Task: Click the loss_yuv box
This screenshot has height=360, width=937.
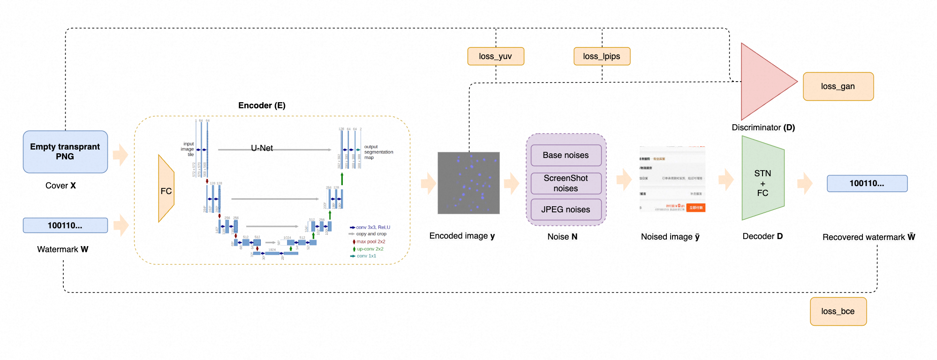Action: coord(495,56)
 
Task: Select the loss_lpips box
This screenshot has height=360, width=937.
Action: coord(602,56)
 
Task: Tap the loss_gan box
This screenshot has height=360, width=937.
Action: coord(838,86)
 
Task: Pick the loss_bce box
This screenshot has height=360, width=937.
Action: coord(838,311)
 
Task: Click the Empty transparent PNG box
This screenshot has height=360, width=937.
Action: coord(65,152)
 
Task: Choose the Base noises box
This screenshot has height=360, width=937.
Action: coord(566,155)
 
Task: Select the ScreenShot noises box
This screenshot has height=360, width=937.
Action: coord(566,183)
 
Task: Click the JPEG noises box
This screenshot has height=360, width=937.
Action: coord(566,210)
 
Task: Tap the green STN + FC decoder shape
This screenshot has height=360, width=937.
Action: coord(763,179)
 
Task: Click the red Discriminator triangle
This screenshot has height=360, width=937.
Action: coord(762,82)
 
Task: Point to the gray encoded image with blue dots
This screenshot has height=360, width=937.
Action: coord(468,183)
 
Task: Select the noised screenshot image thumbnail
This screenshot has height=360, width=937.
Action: coord(672,179)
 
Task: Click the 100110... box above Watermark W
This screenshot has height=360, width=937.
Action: coord(65,225)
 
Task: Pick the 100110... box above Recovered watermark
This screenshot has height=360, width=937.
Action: coord(867,183)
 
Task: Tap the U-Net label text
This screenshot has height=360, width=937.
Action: coord(262,148)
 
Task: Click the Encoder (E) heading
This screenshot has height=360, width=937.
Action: coord(262,105)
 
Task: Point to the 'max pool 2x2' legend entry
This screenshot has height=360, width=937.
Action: coord(370,242)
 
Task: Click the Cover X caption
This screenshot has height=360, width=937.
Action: coord(60,186)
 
